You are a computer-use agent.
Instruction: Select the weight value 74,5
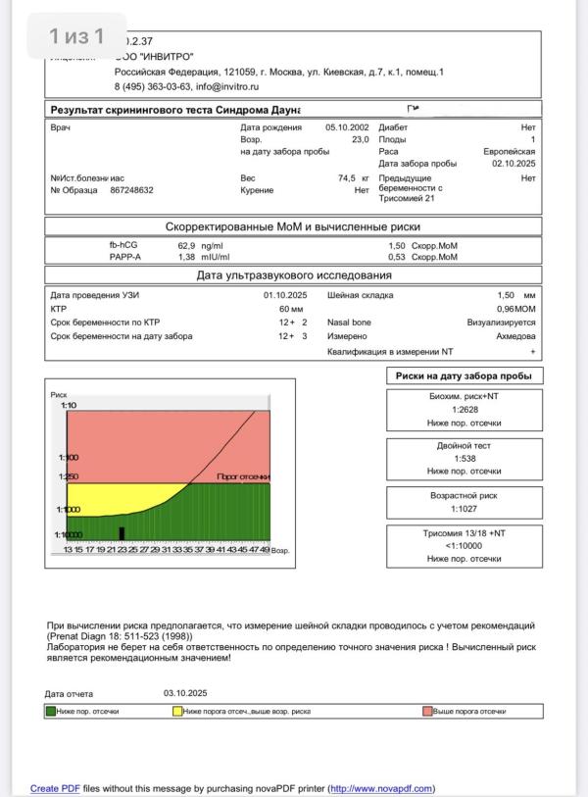click(345, 178)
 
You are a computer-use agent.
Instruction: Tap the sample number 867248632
click(131, 190)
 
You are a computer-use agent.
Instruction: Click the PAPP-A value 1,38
click(186, 257)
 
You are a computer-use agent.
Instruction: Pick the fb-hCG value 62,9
click(186, 245)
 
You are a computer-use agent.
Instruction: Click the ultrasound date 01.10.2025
click(285, 295)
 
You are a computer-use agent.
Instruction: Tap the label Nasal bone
click(349, 323)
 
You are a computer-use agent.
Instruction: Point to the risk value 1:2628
click(465, 409)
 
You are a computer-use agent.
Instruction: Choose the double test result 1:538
click(465, 458)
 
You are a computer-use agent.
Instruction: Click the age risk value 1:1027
click(465, 508)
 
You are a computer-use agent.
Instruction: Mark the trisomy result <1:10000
click(465, 545)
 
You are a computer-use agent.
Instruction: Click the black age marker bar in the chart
click(122, 533)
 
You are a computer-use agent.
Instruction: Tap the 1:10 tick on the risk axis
click(69, 405)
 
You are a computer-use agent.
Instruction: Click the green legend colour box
click(50, 711)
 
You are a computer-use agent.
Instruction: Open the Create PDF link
click(55, 788)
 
